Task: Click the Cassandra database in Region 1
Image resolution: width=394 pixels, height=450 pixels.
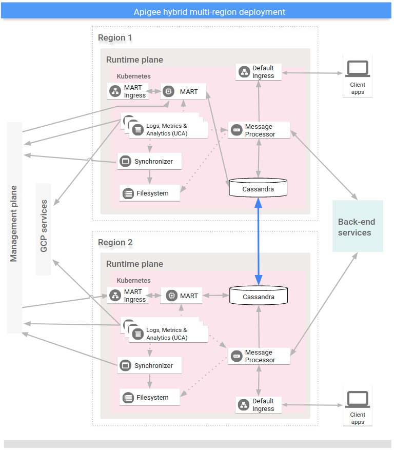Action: (x=258, y=188)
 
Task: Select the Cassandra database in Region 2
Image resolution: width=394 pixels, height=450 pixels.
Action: (x=258, y=296)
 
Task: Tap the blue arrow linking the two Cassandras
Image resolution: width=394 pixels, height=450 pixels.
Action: (x=258, y=241)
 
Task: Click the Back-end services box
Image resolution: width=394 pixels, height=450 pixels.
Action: (x=357, y=226)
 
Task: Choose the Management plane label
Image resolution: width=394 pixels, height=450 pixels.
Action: (x=14, y=224)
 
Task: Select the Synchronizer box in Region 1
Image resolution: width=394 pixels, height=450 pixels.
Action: (x=149, y=162)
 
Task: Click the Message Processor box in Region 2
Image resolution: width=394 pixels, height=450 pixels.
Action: (x=259, y=356)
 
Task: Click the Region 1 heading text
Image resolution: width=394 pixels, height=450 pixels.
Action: (x=115, y=38)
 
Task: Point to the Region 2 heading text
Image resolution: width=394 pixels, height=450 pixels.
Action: (x=115, y=242)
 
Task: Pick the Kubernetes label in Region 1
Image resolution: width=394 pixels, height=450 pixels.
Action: (x=133, y=76)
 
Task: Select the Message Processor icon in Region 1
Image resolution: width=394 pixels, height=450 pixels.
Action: (x=237, y=130)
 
